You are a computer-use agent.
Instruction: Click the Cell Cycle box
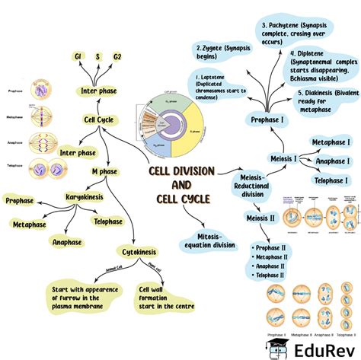(100, 119)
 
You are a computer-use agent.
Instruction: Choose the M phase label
(104, 173)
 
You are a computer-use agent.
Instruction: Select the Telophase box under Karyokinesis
(108, 221)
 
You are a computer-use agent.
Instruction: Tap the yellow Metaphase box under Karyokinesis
(36, 225)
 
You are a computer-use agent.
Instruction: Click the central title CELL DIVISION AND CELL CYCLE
(180, 185)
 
